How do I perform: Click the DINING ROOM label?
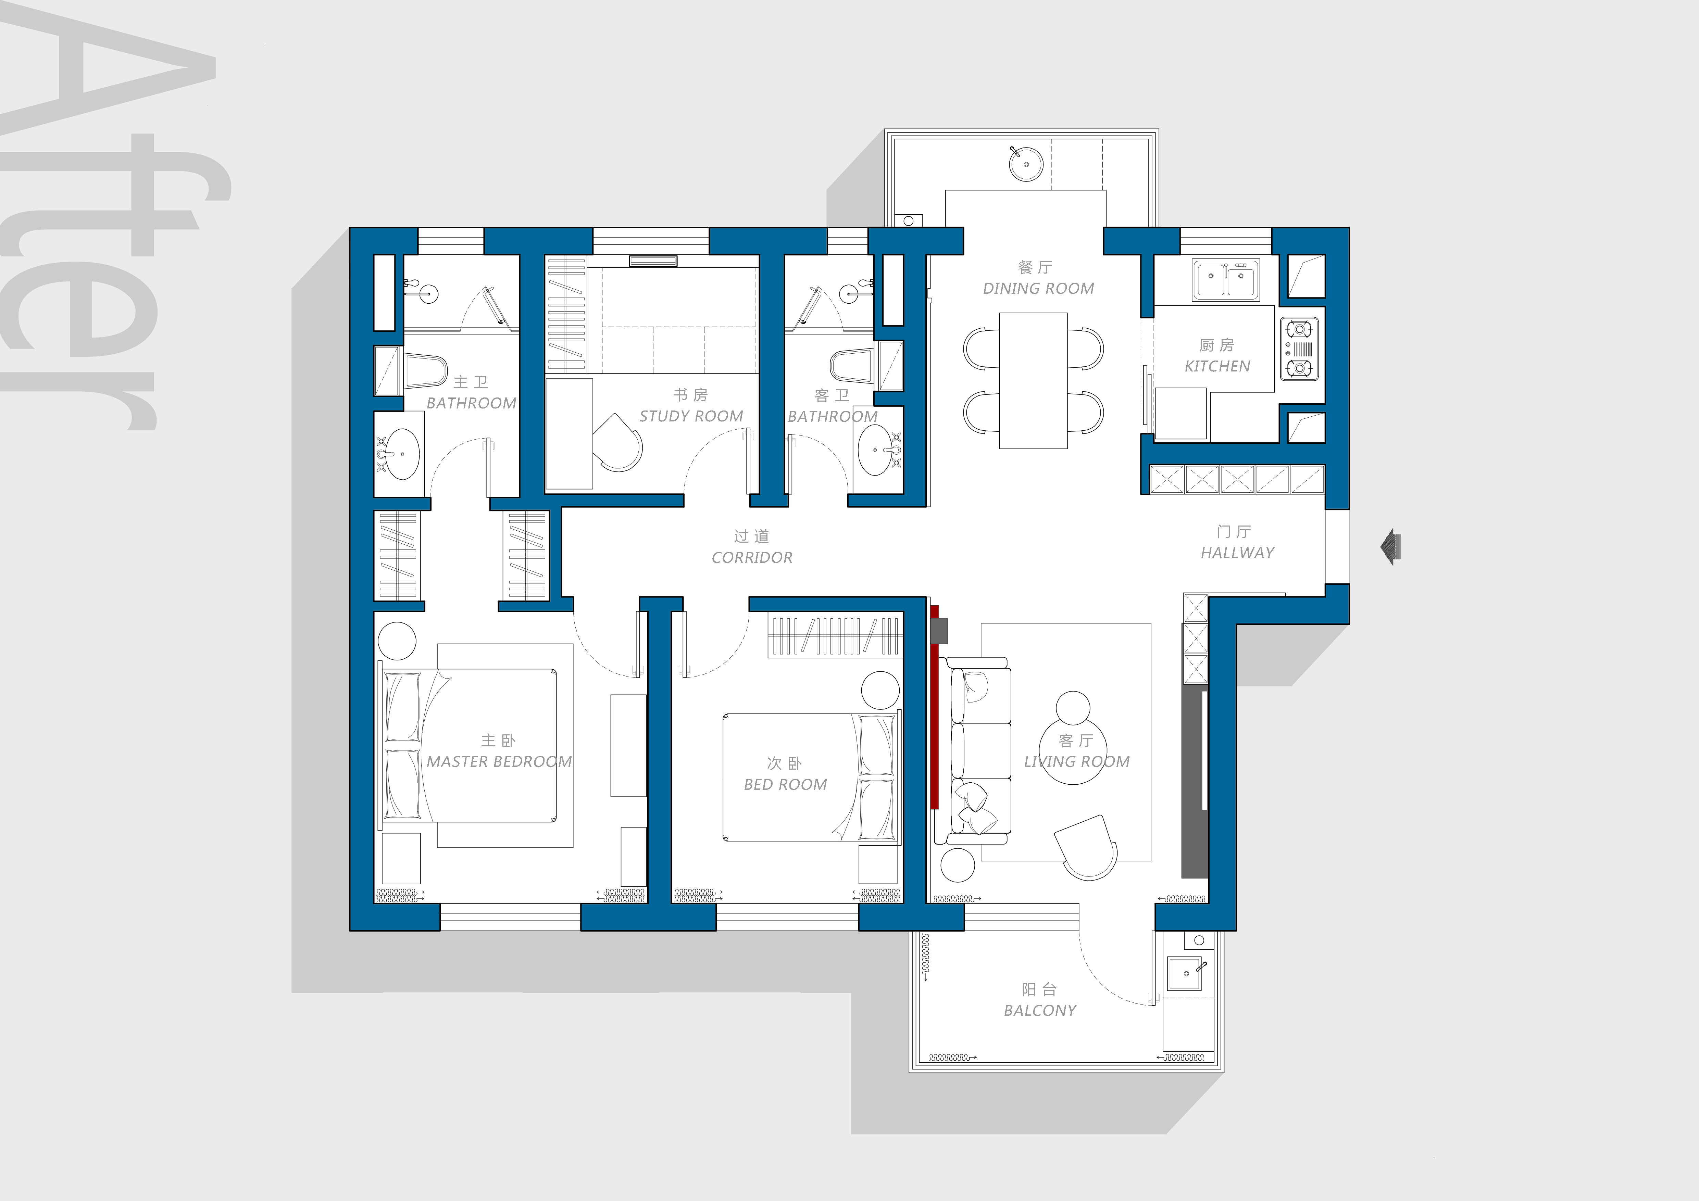pyautogui.click(x=1038, y=288)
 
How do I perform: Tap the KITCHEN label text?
pyautogui.click(x=1217, y=366)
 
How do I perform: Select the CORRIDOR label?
pyautogui.click(x=752, y=558)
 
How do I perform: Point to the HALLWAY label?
pyautogui.click(x=1237, y=553)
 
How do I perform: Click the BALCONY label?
pyautogui.click(x=1040, y=1010)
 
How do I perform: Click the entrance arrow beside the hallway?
pyautogui.click(x=1391, y=547)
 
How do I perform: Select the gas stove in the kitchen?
pyautogui.click(x=1299, y=349)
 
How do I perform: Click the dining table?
pyautogui.click(x=1033, y=381)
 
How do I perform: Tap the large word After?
pyautogui.click(x=111, y=222)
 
